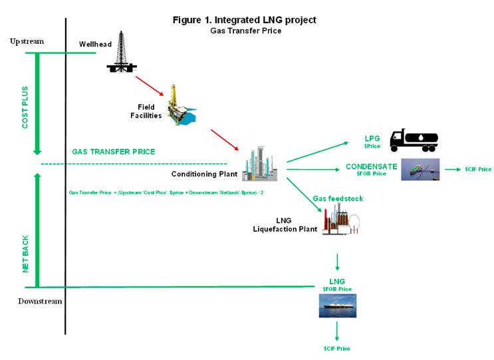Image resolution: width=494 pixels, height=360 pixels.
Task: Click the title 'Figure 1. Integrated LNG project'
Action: click(x=244, y=20)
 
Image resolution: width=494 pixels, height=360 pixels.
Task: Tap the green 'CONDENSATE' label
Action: click(x=372, y=166)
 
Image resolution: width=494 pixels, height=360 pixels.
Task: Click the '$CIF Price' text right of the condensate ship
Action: click(x=478, y=170)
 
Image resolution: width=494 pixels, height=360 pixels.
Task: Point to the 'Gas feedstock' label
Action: click(x=338, y=199)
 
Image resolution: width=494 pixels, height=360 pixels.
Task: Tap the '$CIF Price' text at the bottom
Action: click(x=336, y=348)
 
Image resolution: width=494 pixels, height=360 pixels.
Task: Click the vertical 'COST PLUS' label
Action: click(x=25, y=106)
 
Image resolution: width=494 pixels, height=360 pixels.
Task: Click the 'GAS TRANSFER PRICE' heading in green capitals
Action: click(x=114, y=151)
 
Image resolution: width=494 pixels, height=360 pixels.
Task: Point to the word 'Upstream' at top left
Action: click(x=27, y=41)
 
